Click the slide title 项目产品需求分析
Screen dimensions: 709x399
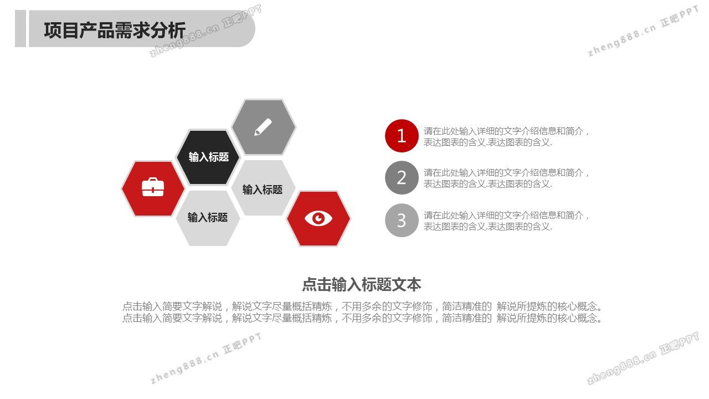[115, 30]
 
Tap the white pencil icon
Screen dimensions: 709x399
[263, 127]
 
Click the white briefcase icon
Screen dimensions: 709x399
[153, 187]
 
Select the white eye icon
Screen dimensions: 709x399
[318, 218]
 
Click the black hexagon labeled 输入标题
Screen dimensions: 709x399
[208, 157]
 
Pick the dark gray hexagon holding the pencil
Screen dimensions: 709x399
[264, 127]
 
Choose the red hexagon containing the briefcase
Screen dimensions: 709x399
[153, 189]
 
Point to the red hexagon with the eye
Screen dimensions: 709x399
[318, 218]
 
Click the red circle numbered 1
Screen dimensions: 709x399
[402, 136]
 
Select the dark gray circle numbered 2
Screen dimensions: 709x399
[402, 178]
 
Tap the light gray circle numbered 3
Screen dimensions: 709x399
[402, 220]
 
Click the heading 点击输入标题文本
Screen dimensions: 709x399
[362, 284]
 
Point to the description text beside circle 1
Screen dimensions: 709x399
[506, 137]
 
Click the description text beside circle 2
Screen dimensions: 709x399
[506, 178]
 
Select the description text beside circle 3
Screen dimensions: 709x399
[506, 221]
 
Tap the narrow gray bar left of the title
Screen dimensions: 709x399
[20, 28]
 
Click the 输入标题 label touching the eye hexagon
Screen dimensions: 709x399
[263, 190]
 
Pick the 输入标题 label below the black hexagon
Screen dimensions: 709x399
[208, 217]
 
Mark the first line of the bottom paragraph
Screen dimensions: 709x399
[362, 306]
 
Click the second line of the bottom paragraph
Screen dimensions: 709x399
[362, 318]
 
